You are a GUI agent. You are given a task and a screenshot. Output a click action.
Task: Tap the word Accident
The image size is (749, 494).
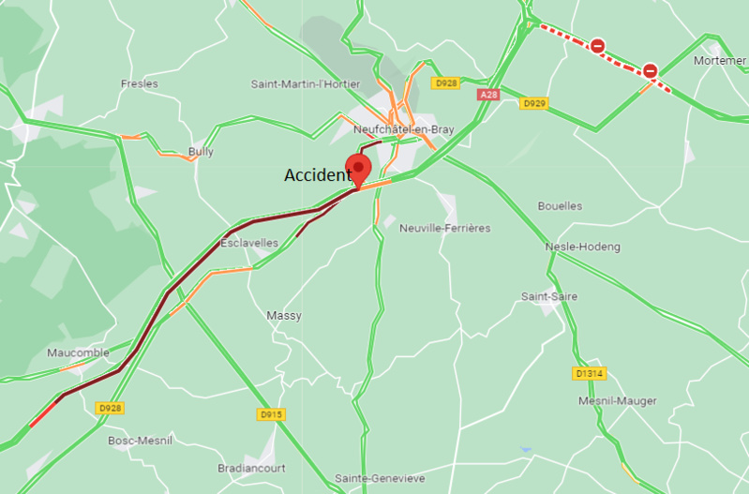[317, 175]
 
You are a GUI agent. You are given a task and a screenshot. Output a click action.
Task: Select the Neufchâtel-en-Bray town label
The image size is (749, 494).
[402, 129]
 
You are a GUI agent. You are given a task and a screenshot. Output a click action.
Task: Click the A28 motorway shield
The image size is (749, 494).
[488, 95]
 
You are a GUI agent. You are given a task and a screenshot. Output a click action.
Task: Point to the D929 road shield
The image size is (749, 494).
[534, 102]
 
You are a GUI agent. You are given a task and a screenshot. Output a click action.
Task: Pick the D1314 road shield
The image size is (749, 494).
[590, 373]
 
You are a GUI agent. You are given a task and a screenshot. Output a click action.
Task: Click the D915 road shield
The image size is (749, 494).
[271, 413]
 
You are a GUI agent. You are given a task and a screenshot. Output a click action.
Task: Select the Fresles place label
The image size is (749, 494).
[140, 83]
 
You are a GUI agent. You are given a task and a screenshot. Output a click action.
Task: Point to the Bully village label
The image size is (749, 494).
[201, 151]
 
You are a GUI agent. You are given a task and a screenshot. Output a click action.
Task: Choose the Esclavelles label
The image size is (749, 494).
[248, 243]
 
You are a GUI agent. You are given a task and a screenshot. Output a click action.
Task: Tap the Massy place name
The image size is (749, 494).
[284, 316]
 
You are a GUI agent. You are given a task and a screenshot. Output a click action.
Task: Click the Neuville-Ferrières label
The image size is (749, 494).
[444, 228]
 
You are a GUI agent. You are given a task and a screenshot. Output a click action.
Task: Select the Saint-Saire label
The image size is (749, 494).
[549, 296]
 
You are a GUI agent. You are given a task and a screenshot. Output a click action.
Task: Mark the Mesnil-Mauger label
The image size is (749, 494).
[618, 400]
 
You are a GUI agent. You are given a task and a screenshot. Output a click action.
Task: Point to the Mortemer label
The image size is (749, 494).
[719, 60]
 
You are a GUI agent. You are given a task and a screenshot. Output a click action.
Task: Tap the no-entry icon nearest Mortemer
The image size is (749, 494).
[650, 70]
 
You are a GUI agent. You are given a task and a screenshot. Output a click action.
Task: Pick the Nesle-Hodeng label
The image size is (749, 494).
[582, 247]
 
